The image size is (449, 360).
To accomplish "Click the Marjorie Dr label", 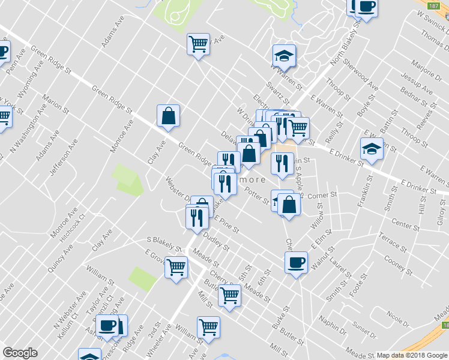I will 426,70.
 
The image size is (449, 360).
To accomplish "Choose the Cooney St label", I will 396,262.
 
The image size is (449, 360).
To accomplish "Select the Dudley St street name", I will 217,242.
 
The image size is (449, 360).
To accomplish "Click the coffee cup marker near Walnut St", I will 295,262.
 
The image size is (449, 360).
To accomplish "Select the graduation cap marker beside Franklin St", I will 372,149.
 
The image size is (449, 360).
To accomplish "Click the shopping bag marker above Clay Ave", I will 169,116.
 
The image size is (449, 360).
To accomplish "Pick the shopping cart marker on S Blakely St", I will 176,266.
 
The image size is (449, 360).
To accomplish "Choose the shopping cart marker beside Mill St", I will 208,327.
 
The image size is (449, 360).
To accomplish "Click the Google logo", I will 20,353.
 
